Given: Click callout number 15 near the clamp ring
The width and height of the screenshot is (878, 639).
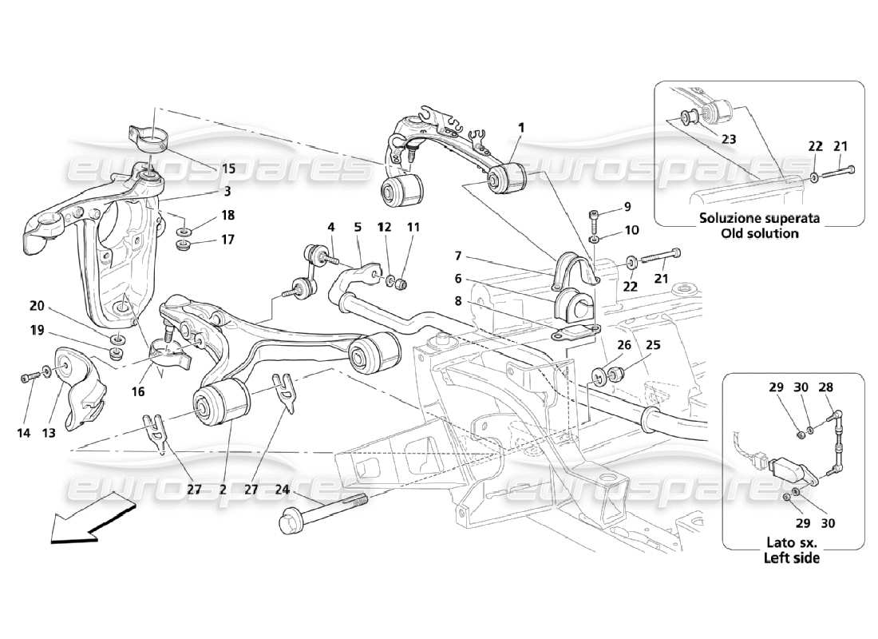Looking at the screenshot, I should pyautogui.click(x=228, y=169).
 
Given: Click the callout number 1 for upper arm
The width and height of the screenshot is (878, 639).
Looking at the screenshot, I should pyautogui.click(x=520, y=127).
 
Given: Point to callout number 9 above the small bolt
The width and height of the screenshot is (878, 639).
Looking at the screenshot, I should pyautogui.click(x=627, y=206).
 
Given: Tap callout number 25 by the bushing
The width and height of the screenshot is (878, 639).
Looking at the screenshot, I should pyautogui.click(x=654, y=346).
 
